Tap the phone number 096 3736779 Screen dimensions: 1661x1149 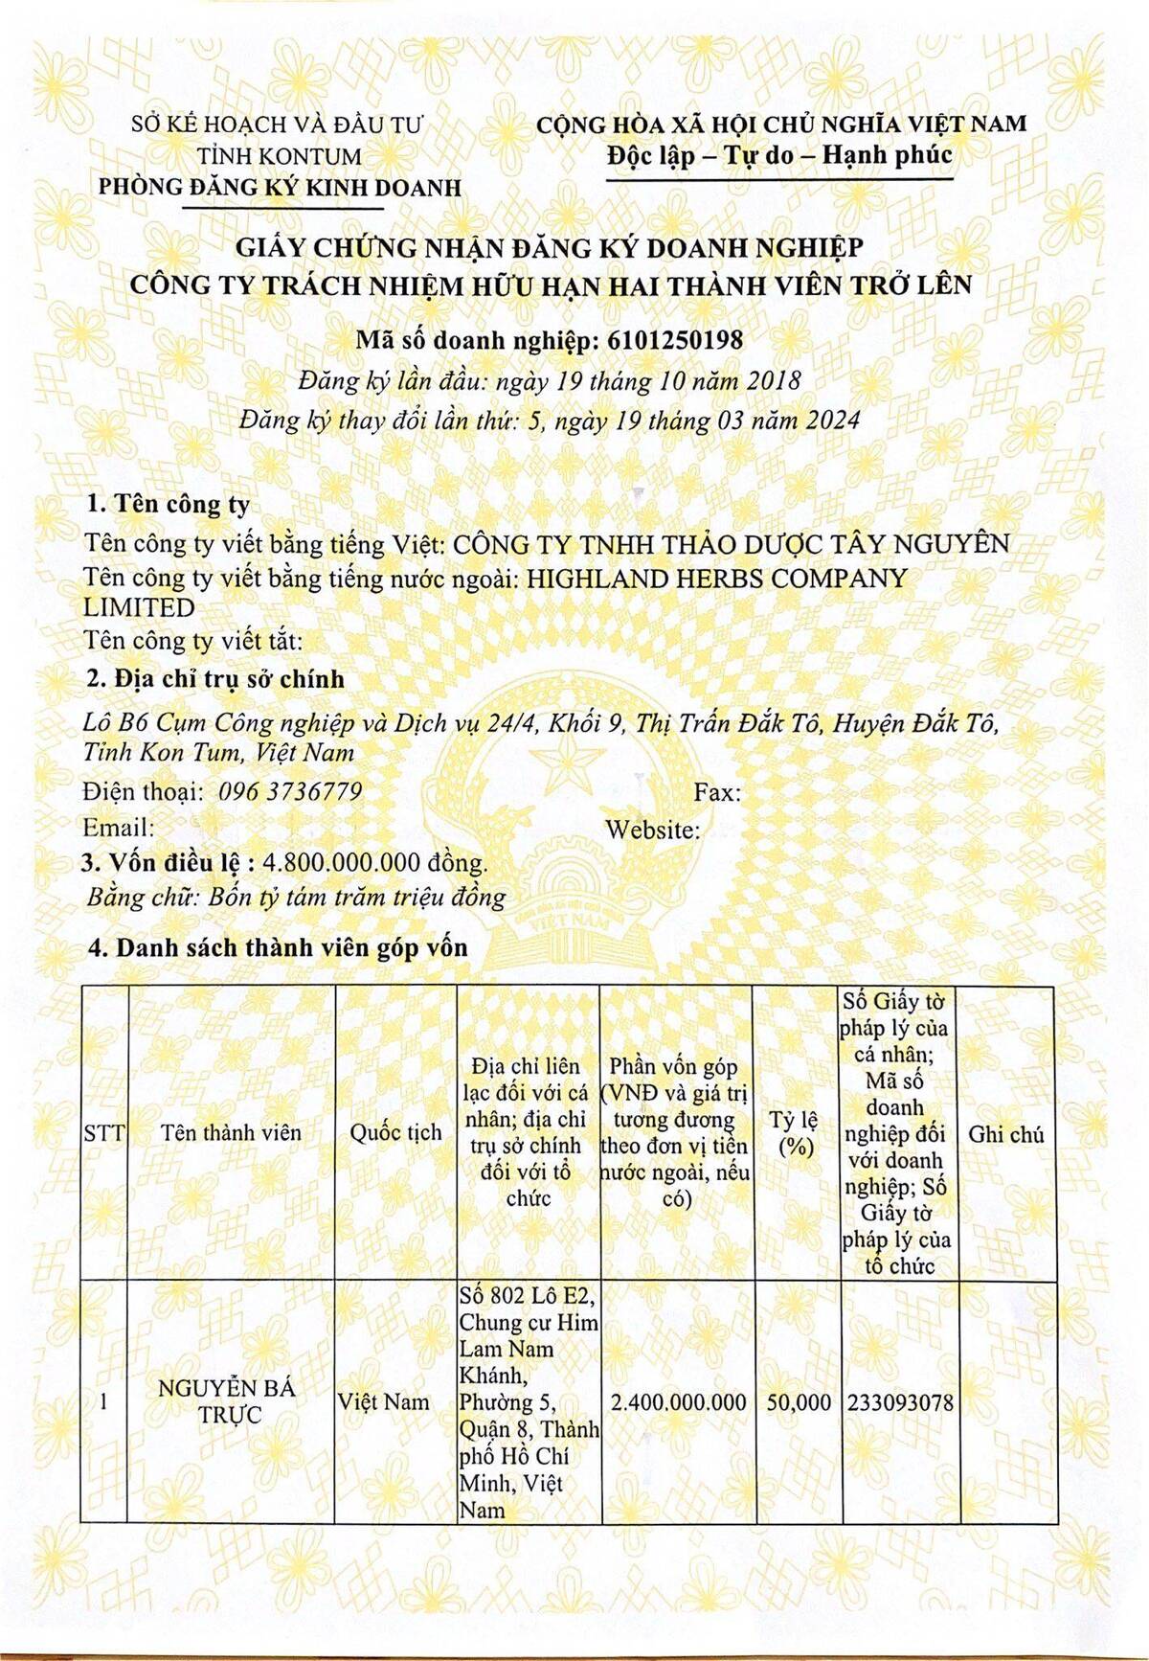point(290,791)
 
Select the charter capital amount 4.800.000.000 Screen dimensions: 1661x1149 point(349,862)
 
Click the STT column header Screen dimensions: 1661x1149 point(103,1133)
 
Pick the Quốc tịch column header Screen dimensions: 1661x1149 point(395,1132)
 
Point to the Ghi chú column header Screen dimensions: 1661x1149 point(1005,1134)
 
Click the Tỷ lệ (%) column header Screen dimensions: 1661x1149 point(794,1133)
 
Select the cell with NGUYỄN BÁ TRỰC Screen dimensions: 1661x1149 point(227,1401)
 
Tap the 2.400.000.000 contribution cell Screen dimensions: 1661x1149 point(678,1402)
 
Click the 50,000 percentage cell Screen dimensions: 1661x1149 point(799,1402)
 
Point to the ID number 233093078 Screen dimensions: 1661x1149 point(900,1402)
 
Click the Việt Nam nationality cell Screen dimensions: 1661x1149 point(383,1402)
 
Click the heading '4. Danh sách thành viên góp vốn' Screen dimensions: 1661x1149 point(278,947)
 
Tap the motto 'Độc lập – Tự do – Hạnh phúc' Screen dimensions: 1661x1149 point(779,155)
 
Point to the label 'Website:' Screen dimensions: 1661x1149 point(652,830)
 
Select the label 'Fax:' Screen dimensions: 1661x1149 point(717,792)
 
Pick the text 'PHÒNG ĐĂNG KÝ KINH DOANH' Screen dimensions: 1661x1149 point(280,188)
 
